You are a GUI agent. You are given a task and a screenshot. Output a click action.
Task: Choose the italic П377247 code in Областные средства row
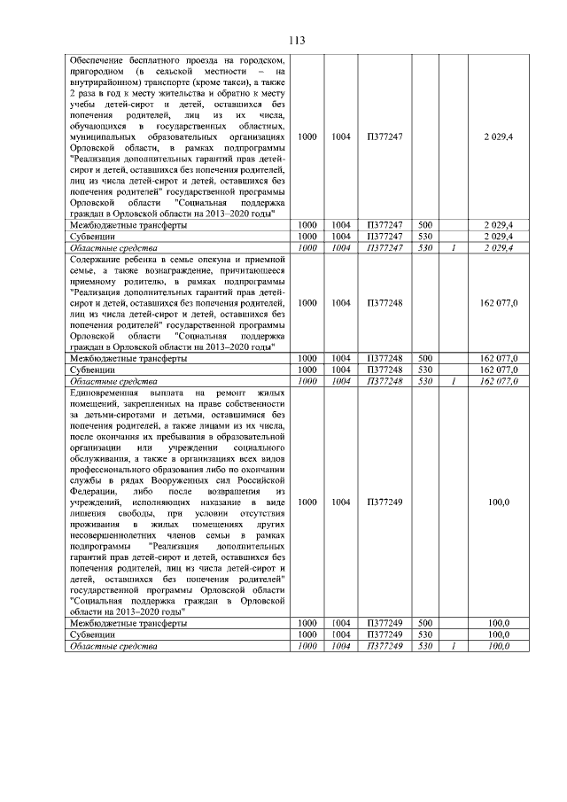pyautogui.click(x=384, y=248)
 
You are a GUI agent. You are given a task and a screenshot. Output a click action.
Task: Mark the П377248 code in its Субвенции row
pyautogui.click(x=384, y=370)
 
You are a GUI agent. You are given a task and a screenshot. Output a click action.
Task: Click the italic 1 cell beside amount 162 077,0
pyautogui.click(x=454, y=380)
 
